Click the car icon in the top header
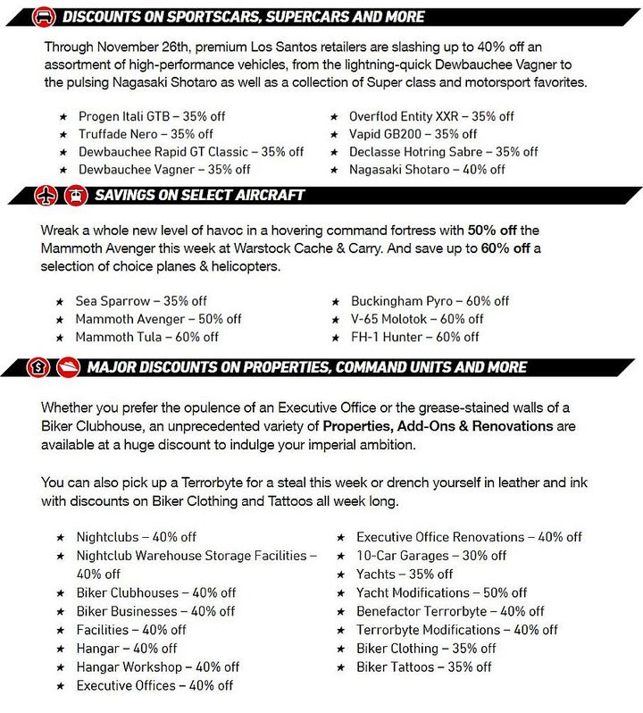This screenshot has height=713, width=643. pyautogui.click(x=42, y=16)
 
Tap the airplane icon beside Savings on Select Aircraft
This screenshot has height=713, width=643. pyautogui.click(x=46, y=194)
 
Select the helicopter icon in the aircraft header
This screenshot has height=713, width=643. pyautogui.click(x=74, y=194)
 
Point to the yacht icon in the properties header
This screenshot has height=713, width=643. pyautogui.click(x=69, y=366)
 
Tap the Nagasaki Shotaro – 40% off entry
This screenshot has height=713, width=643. pyautogui.click(x=427, y=170)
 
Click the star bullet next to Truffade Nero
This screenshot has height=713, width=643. pyautogui.click(x=62, y=134)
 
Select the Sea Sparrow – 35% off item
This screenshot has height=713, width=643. pyautogui.click(x=141, y=301)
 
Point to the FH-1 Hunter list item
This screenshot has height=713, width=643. pyautogui.click(x=414, y=337)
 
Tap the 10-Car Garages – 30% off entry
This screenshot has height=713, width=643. pyautogui.click(x=431, y=556)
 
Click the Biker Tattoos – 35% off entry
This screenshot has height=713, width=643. pyautogui.click(x=424, y=667)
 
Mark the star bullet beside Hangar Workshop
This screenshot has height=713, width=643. pyautogui.click(x=61, y=667)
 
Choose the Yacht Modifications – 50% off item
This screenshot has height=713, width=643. pyautogui.click(x=441, y=592)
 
